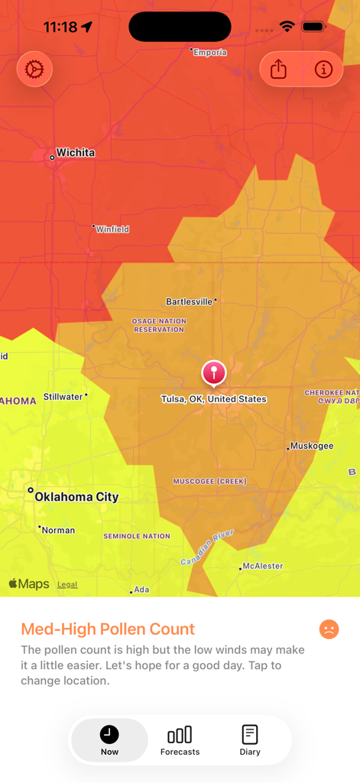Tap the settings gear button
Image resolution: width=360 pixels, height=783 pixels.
(x=34, y=70)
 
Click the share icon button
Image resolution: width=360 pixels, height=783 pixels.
(x=278, y=70)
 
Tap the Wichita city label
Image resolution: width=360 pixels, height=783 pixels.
(x=75, y=153)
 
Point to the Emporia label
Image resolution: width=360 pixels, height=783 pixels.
(x=209, y=53)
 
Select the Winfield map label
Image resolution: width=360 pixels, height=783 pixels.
(x=112, y=229)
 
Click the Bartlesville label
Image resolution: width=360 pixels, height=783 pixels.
(x=190, y=302)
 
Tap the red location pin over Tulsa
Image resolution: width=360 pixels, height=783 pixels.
(x=214, y=373)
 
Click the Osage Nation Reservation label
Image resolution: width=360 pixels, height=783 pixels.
(x=159, y=326)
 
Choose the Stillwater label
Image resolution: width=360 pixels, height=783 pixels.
(x=63, y=397)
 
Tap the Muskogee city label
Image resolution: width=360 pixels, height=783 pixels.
(x=312, y=446)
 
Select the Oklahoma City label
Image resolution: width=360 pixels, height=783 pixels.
(x=76, y=497)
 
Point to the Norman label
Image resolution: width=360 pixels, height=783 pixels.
(x=59, y=530)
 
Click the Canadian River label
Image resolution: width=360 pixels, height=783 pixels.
(x=208, y=548)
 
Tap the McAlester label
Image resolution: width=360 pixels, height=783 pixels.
(x=262, y=567)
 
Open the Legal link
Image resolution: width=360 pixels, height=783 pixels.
(x=67, y=585)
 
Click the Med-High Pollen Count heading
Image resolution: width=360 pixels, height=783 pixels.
(x=108, y=629)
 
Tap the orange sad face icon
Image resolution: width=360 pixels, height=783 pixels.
(x=329, y=629)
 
